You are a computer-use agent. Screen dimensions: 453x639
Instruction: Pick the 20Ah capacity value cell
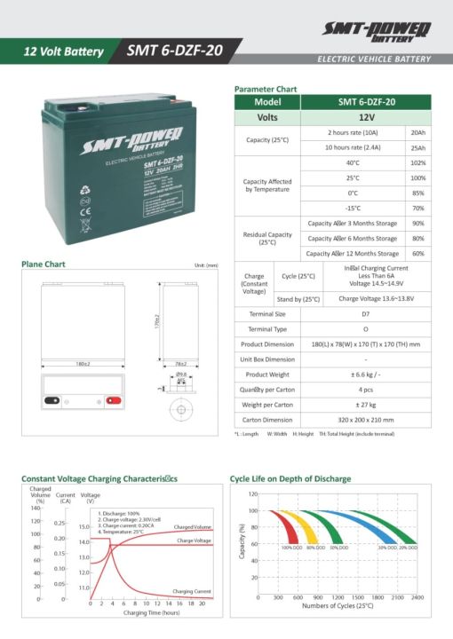pos(417,132)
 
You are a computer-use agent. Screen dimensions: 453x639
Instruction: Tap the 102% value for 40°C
pos(417,163)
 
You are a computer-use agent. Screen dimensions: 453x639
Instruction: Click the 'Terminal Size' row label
pos(266,313)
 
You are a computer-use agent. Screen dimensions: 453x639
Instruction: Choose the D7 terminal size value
pos(366,313)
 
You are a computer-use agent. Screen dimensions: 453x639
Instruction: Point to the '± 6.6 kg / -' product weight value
pos(366,375)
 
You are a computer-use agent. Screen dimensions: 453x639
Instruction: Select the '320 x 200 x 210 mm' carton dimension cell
pos(366,420)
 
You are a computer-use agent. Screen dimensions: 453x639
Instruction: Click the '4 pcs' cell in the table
pos(366,390)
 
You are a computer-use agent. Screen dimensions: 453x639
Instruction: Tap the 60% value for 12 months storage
pos(417,254)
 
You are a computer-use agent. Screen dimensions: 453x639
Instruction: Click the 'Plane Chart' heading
pos(43,264)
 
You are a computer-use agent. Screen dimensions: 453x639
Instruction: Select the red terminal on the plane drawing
pos(113,399)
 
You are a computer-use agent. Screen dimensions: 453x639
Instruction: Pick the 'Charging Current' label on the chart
pos(191,590)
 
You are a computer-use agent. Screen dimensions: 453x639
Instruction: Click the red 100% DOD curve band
pos(285,525)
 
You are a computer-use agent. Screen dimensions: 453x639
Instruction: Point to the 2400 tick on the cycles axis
pos(416,598)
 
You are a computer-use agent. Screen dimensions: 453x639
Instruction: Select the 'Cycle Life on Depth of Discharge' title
pos(290,478)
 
